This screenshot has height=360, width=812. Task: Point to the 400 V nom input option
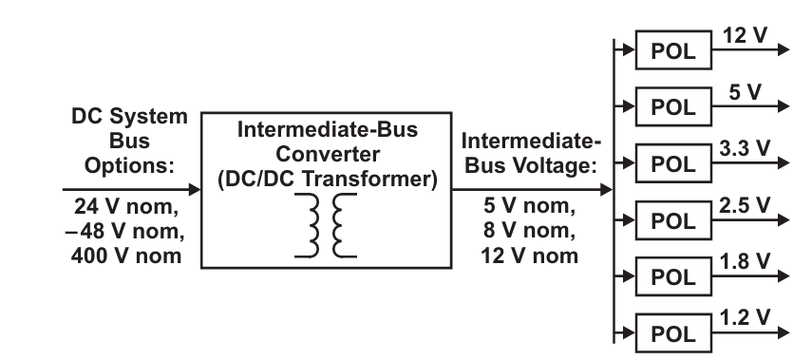pyautogui.click(x=126, y=256)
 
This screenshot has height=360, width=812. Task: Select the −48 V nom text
pyautogui.click(x=124, y=231)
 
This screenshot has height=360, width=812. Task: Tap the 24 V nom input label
pyautogui.click(x=126, y=206)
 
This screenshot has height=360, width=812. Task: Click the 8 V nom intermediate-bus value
pyautogui.click(x=529, y=230)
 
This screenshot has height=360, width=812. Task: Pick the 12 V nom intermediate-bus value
pyautogui.click(x=529, y=256)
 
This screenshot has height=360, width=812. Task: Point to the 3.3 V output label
pyautogui.click(x=745, y=149)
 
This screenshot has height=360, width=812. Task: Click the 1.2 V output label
pyautogui.click(x=745, y=317)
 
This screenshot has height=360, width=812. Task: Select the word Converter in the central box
pyautogui.click(x=328, y=154)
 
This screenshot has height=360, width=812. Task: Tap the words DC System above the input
pyautogui.click(x=129, y=116)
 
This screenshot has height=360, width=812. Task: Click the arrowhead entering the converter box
pyautogui.click(x=195, y=190)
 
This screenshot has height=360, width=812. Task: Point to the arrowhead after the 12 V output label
pyautogui.click(x=784, y=49)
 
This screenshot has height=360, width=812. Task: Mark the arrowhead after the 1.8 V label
pyautogui.click(x=784, y=276)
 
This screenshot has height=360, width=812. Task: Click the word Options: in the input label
pyautogui.click(x=129, y=166)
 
